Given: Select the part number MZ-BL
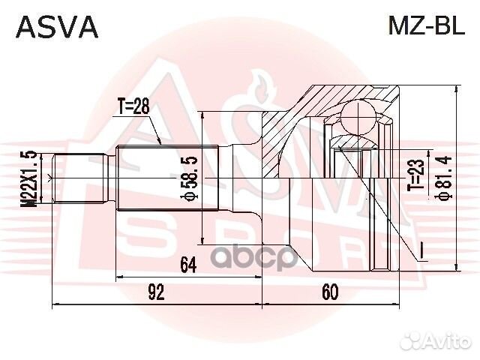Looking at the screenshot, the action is (x=427, y=25).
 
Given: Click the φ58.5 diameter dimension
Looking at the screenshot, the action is (x=189, y=179).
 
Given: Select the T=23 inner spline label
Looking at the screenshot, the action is (x=417, y=175).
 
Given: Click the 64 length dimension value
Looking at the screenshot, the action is (x=188, y=265).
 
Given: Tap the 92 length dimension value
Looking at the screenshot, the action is (x=157, y=292).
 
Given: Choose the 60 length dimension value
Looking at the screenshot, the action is (x=330, y=292).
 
